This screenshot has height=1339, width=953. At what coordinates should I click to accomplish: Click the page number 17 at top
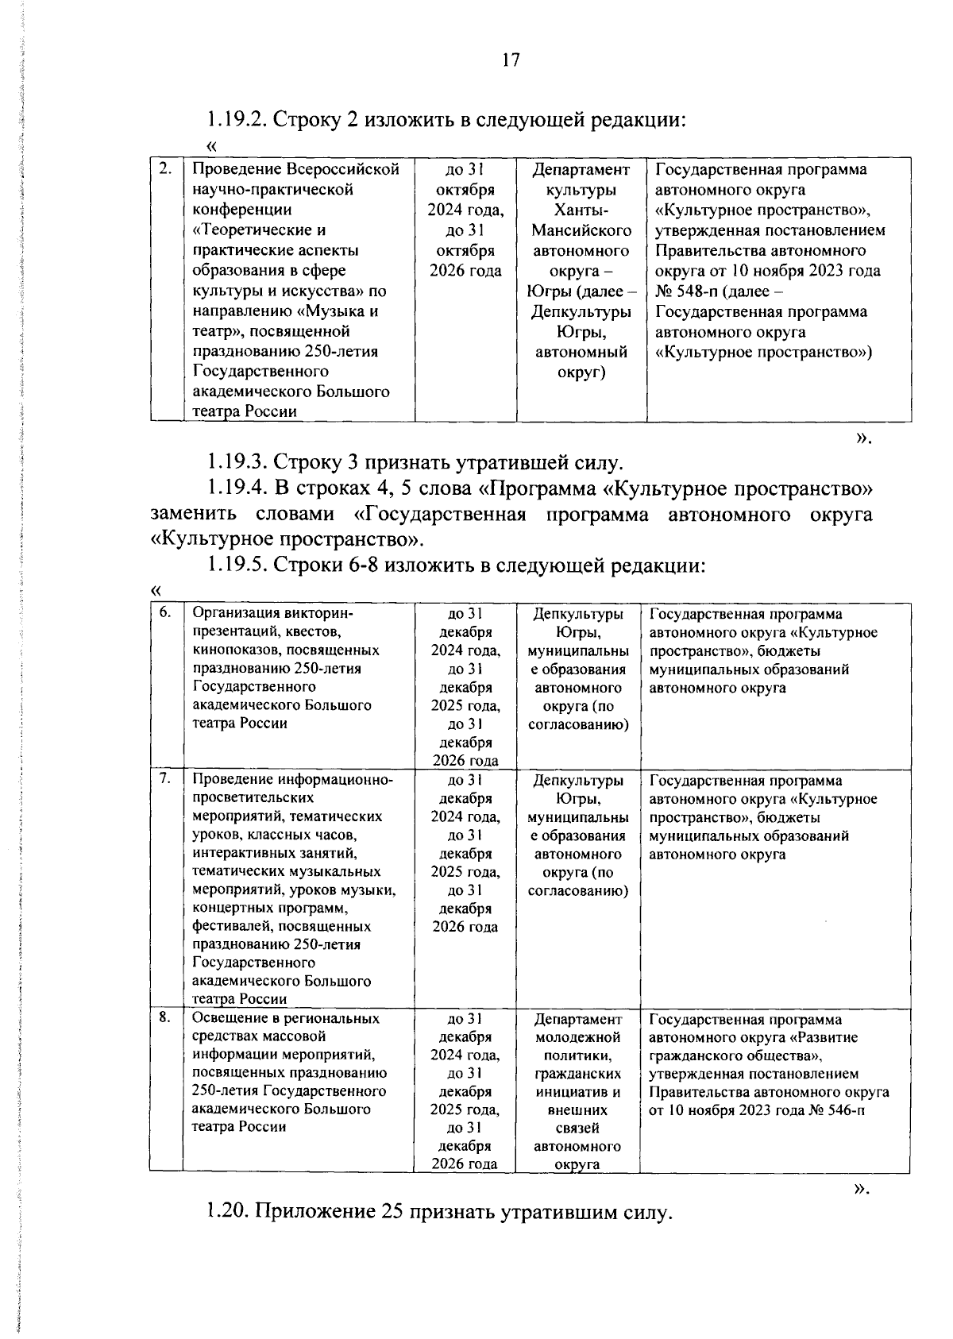tap(511, 60)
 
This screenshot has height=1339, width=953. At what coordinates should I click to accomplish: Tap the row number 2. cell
tap(164, 168)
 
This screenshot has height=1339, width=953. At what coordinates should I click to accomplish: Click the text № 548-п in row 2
tap(684, 291)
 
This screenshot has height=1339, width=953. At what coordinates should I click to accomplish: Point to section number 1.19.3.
tap(237, 461)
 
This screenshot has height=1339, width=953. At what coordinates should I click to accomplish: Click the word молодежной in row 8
tap(577, 1037)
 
